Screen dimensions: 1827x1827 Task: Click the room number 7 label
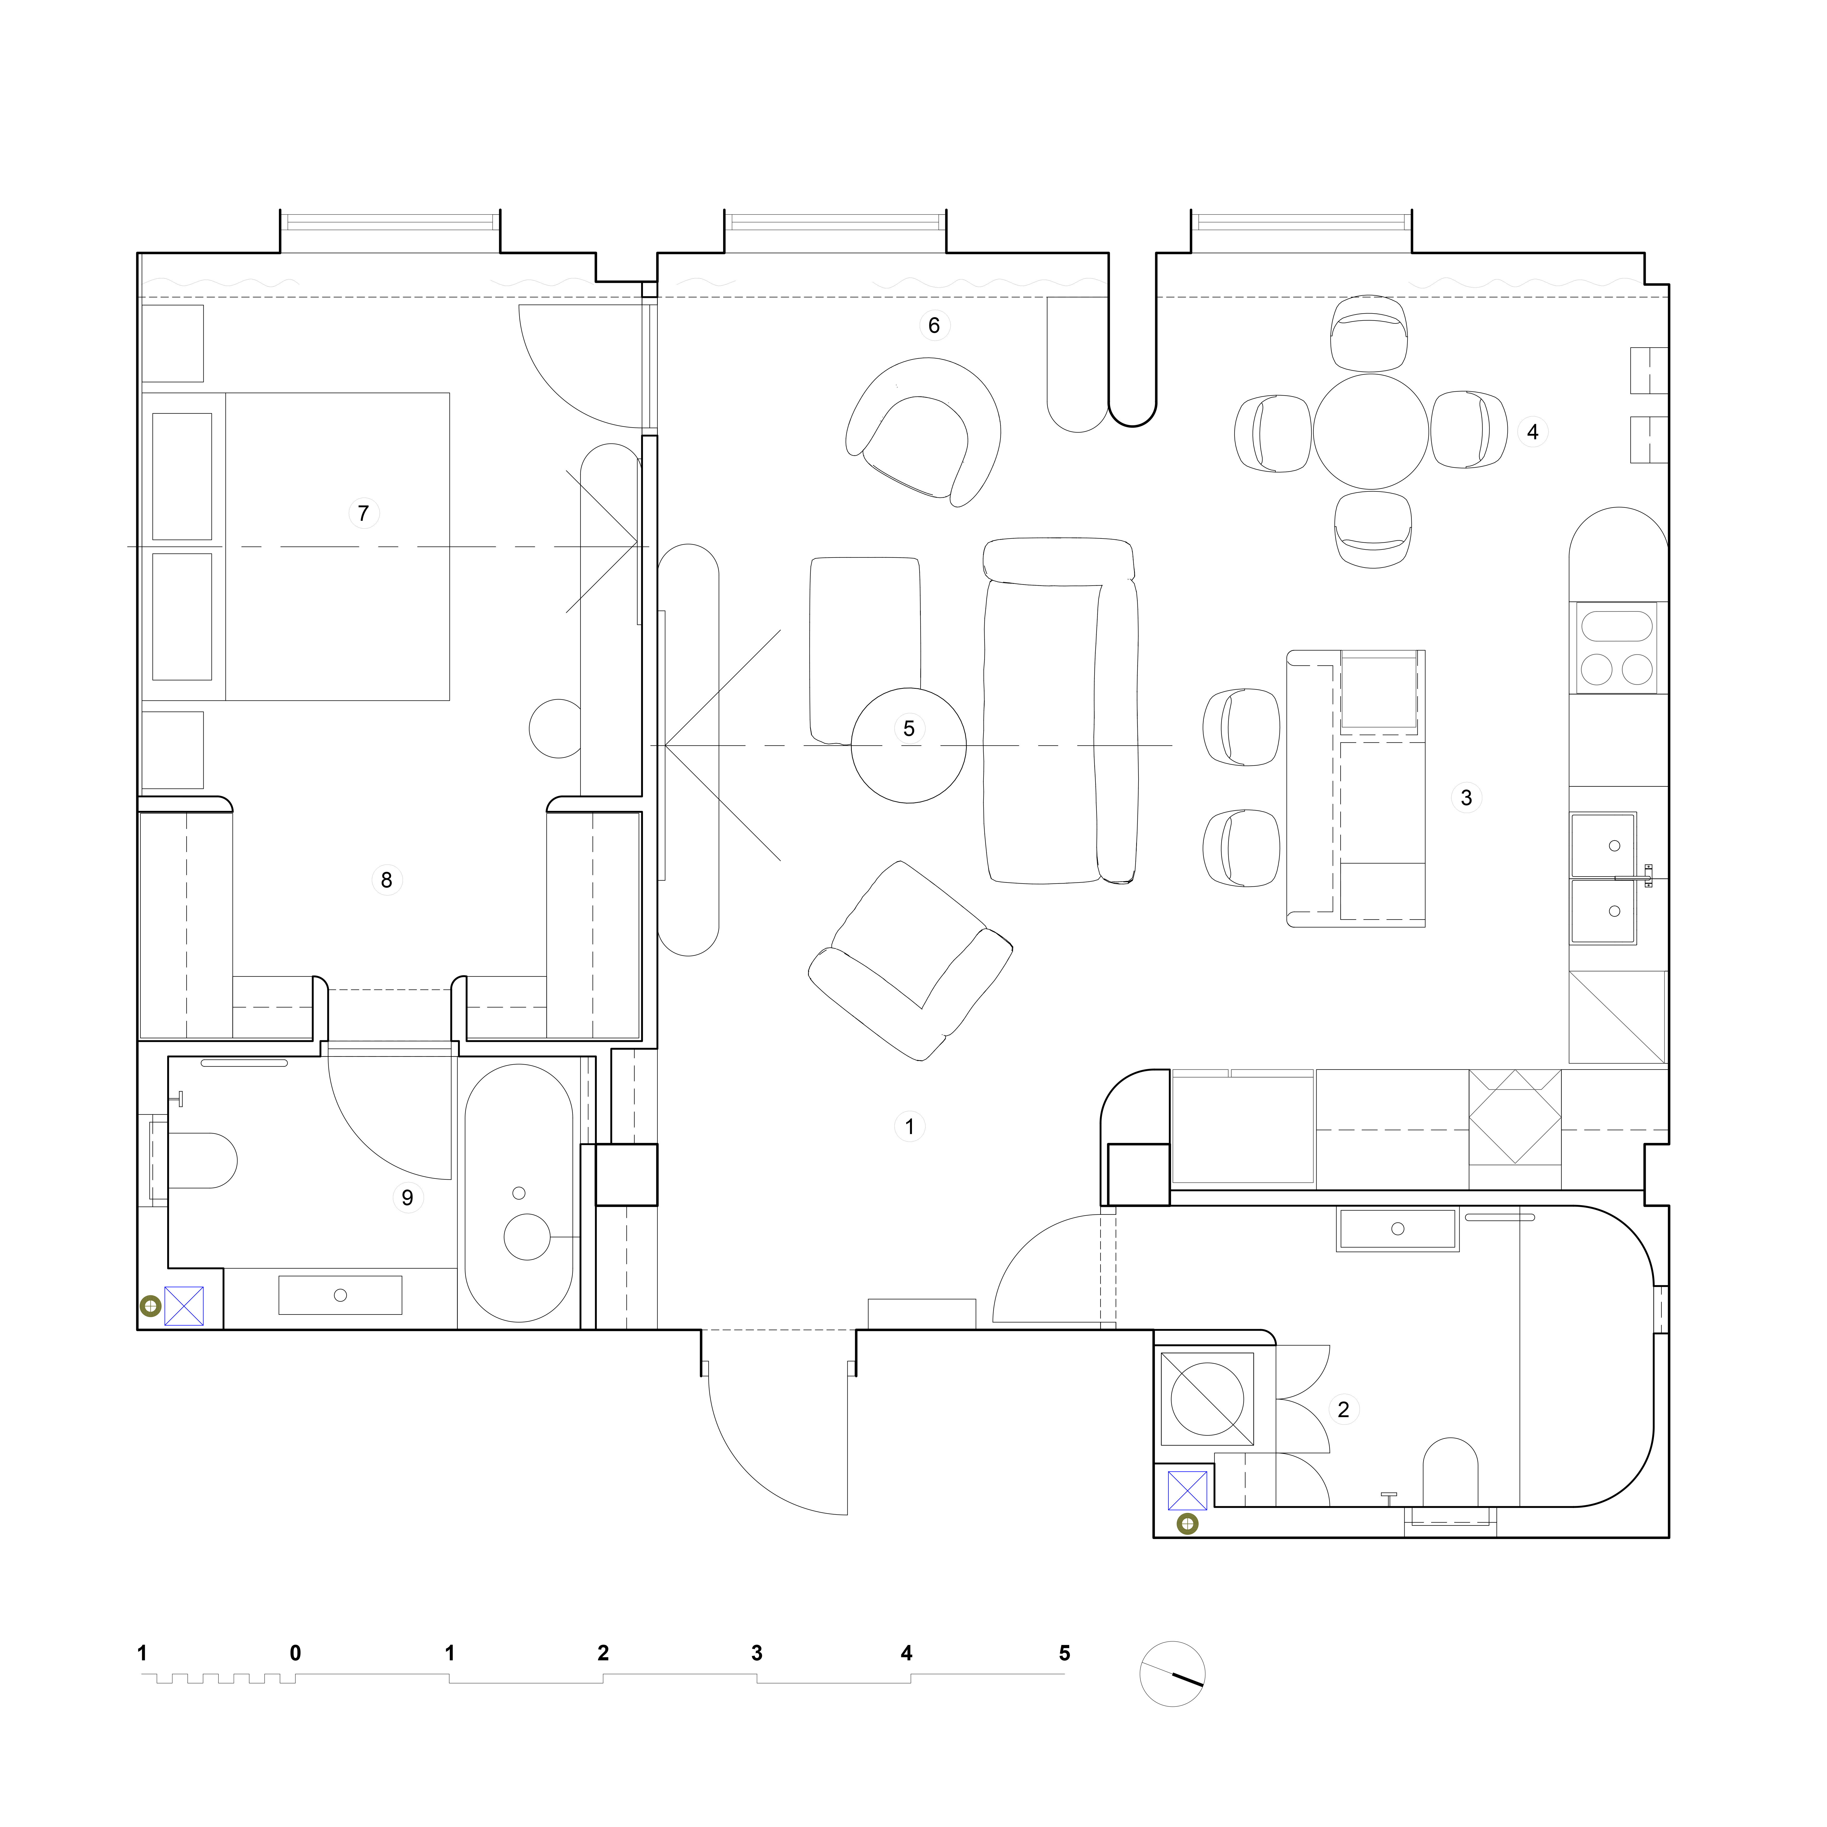click(x=363, y=514)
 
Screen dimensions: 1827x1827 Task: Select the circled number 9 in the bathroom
click(x=408, y=1198)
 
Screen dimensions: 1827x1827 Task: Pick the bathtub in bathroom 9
click(x=518, y=1193)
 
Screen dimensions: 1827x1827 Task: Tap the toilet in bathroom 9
click(x=202, y=1160)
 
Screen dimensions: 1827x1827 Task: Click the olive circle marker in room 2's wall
click(x=1187, y=1523)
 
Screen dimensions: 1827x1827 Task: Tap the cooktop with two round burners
click(x=1617, y=648)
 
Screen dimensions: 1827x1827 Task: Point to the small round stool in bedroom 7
click(x=557, y=728)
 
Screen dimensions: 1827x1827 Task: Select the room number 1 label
click(x=910, y=1126)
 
